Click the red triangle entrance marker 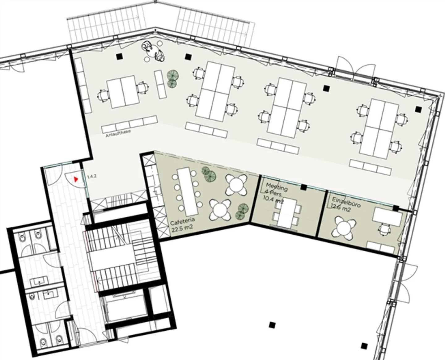click(x=76, y=179)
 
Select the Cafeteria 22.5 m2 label click(x=182, y=225)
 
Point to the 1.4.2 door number click(x=92, y=176)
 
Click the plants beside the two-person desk click(x=172, y=78)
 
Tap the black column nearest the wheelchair click(x=119, y=56)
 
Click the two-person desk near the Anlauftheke click(x=123, y=92)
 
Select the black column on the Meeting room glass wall click(x=303, y=187)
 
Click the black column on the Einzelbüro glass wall click(x=396, y=208)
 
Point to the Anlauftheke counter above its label click(x=129, y=124)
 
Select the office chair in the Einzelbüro click(x=384, y=229)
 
